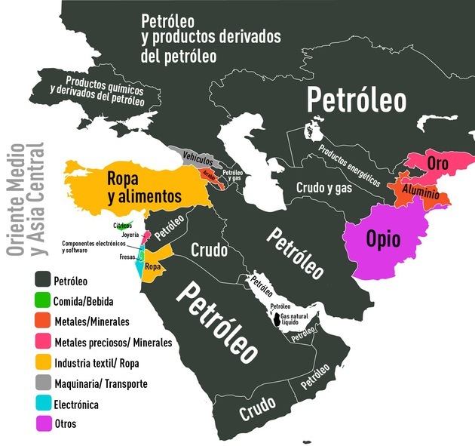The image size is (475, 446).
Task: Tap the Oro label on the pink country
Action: click(437, 164)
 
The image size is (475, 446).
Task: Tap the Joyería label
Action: click(130, 235)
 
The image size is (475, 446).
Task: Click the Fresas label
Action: click(127, 257)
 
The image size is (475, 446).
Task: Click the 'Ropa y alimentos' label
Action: click(145, 187)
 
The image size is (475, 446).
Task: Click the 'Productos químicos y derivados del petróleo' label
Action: click(106, 91)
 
